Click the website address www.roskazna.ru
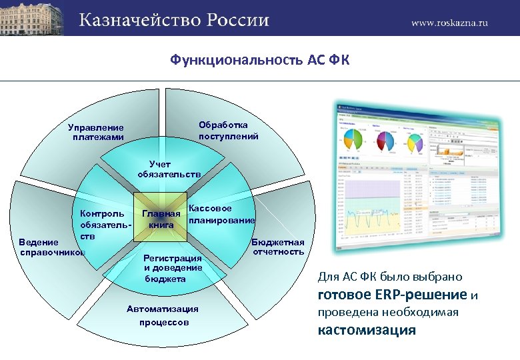pos(449,22)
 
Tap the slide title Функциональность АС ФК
pos(259,61)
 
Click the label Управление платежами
pos(96,132)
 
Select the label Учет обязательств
pos(169,169)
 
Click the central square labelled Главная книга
pos(161,219)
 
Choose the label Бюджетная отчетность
pos(278,247)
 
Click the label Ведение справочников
pos(52,247)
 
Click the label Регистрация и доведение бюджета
pos(173,268)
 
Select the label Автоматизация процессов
pos(163,315)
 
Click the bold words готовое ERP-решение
pos(392,295)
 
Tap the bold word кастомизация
pos(367,330)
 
